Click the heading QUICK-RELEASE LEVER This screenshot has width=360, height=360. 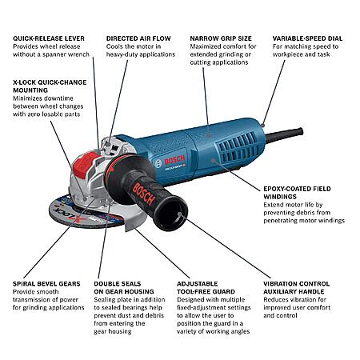click(x=49, y=38)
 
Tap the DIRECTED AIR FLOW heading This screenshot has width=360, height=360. click(x=138, y=38)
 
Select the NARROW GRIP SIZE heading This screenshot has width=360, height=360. click(x=221, y=38)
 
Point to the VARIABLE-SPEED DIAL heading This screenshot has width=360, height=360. click(x=307, y=38)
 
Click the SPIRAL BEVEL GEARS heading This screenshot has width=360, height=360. click(x=46, y=284)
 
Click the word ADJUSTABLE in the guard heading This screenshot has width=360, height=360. click(x=198, y=284)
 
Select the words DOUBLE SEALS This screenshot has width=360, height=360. click(x=118, y=284)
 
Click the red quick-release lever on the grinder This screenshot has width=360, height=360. click(x=86, y=164)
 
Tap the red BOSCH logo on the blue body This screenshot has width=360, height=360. click(x=174, y=160)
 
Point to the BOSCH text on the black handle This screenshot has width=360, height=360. click(x=143, y=194)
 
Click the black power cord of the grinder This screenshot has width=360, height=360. click(x=284, y=134)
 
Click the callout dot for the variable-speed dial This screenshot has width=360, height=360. click(x=263, y=125)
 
